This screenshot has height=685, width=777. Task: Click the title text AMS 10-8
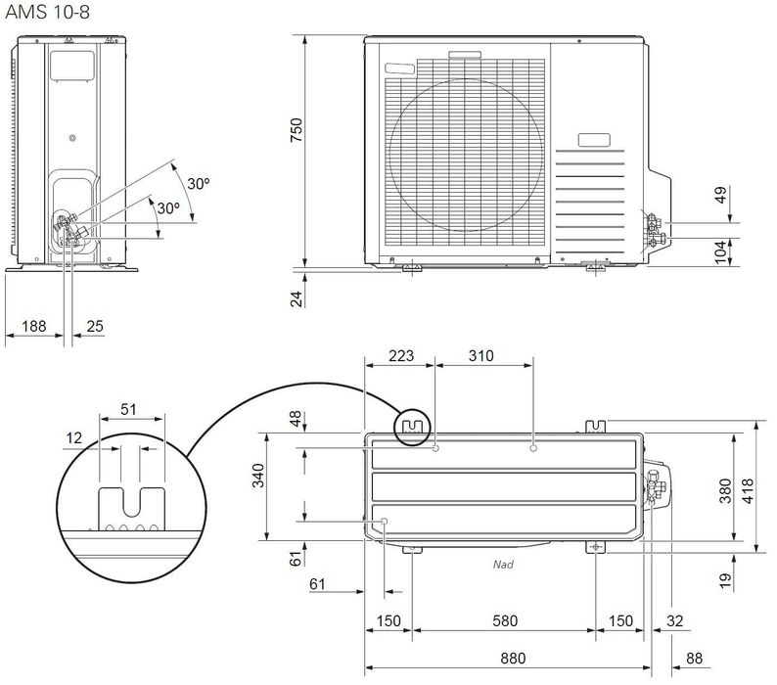(x=48, y=12)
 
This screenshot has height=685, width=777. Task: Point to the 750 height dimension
(x=297, y=130)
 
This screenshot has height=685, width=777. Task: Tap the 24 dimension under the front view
(x=297, y=298)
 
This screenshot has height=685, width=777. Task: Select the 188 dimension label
(x=34, y=326)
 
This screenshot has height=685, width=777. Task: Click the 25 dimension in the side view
(x=95, y=326)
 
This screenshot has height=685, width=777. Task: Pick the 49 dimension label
(x=721, y=195)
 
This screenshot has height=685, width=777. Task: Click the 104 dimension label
(x=721, y=252)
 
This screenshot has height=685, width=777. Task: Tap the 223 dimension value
(x=401, y=356)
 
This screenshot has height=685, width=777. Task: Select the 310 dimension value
(x=480, y=356)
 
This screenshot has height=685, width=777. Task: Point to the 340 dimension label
(x=258, y=476)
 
